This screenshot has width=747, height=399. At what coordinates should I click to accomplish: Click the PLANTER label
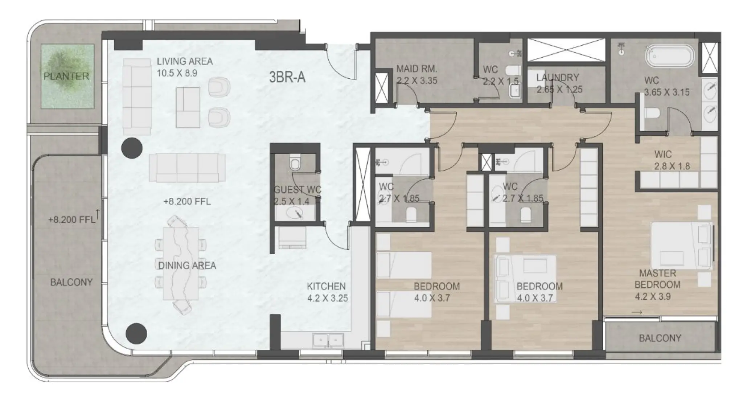tap(66, 76)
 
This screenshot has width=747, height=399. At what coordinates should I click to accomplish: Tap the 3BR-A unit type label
tap(287, 77)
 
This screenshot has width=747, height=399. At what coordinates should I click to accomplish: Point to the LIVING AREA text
tap(185, 61)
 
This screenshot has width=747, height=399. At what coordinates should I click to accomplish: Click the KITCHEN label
tap(326, 286)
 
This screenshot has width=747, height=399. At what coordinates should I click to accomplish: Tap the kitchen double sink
tap(328, 341)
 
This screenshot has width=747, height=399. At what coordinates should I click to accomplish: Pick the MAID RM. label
tap(416, 69)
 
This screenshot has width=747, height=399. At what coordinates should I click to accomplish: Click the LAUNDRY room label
tap(557, 77)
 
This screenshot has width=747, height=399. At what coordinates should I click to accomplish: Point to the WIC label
tap(663, 154)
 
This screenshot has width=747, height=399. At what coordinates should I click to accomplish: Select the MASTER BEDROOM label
tap(657, 279)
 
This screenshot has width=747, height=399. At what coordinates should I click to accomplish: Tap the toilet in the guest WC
tap(295, 164)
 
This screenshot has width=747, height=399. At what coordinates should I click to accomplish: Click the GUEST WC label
tap(297, 189)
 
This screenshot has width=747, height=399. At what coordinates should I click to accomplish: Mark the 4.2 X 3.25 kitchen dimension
tap(327, 298)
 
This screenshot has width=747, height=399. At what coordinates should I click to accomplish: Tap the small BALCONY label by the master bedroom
tap(660, 338)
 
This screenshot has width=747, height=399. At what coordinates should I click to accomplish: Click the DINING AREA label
tap(187, 266)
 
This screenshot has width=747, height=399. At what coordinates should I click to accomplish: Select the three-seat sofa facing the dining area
tap(187, 168)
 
